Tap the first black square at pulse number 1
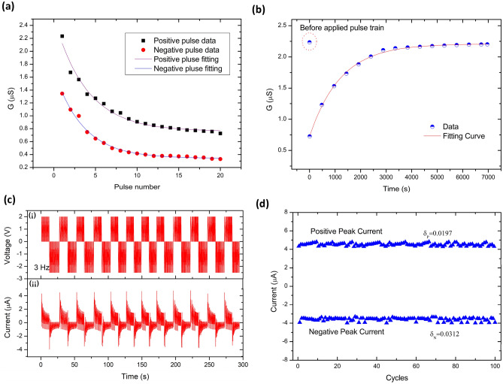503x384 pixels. [62, 36]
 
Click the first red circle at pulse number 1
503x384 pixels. [62, 94]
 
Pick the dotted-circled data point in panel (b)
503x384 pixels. [309, 42]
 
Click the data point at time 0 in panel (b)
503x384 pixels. [309, 136]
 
